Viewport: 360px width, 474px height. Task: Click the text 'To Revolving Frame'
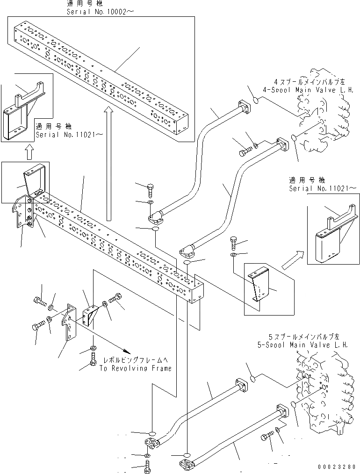[x=135, y=368]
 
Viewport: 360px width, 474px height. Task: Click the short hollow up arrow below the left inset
[x=29, y=151]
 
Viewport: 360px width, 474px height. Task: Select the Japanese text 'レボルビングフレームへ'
[x=135, y=361]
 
